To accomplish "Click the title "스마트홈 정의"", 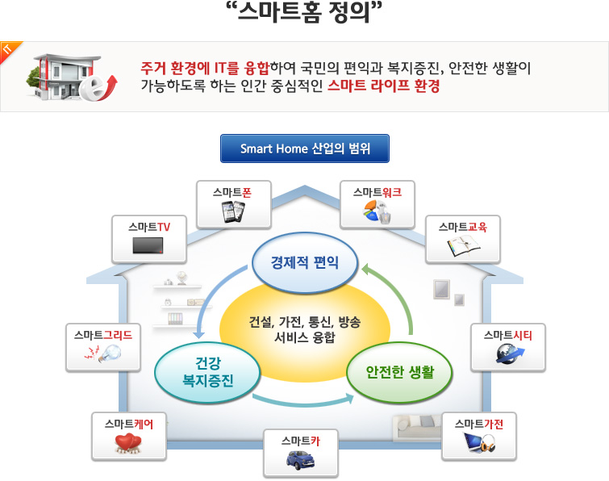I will (x=304, y=13).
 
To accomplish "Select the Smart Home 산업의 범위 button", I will (x=305, y=149).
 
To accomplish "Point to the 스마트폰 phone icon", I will (x=234, y=211).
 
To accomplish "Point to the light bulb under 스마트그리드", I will (x=107, y=353).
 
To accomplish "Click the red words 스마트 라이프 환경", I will (x=384, y=86).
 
